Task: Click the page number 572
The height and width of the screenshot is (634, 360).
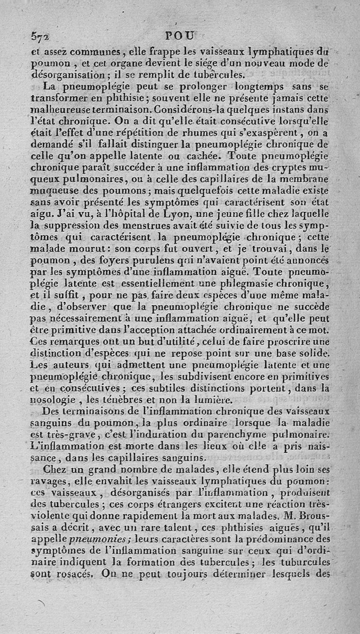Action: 40,37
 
